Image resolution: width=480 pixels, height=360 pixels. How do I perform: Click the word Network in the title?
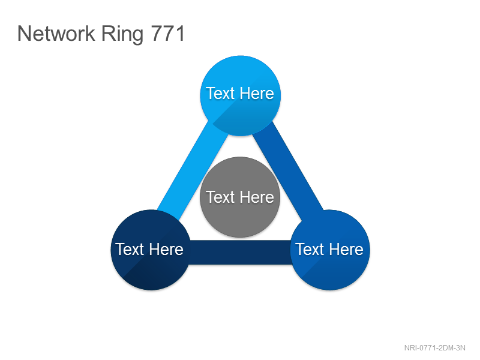tap(56, 34)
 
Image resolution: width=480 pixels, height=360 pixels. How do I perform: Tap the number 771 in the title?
tap(168, 34)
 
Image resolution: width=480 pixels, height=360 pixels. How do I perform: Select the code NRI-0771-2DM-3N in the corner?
tap(434, 348)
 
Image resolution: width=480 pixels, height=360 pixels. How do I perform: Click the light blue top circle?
tap(241, 95)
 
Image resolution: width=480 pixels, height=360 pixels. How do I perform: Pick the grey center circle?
tap(240, 197)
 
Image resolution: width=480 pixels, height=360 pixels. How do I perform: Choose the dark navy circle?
tap(151, 250)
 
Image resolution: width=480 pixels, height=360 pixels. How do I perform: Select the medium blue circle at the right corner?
tap(329, 250)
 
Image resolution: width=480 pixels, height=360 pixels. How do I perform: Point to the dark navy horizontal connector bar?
tap(241, 252)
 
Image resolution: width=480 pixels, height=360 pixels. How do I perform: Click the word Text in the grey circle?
tap(220, 197)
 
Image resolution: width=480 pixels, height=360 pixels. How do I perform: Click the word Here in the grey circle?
tap(257, 197)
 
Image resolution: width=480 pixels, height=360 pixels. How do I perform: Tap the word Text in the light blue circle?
tap(220, 93)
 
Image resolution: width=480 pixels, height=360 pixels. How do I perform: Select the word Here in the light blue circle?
tap(257, 93)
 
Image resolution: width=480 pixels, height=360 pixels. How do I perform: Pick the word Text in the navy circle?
tap(130, 249)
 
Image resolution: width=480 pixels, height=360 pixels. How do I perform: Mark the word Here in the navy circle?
tap(166, 249)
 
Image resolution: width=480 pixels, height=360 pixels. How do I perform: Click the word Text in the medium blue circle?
tap(310, 249)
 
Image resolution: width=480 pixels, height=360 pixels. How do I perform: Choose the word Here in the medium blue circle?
tap(346, 249)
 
